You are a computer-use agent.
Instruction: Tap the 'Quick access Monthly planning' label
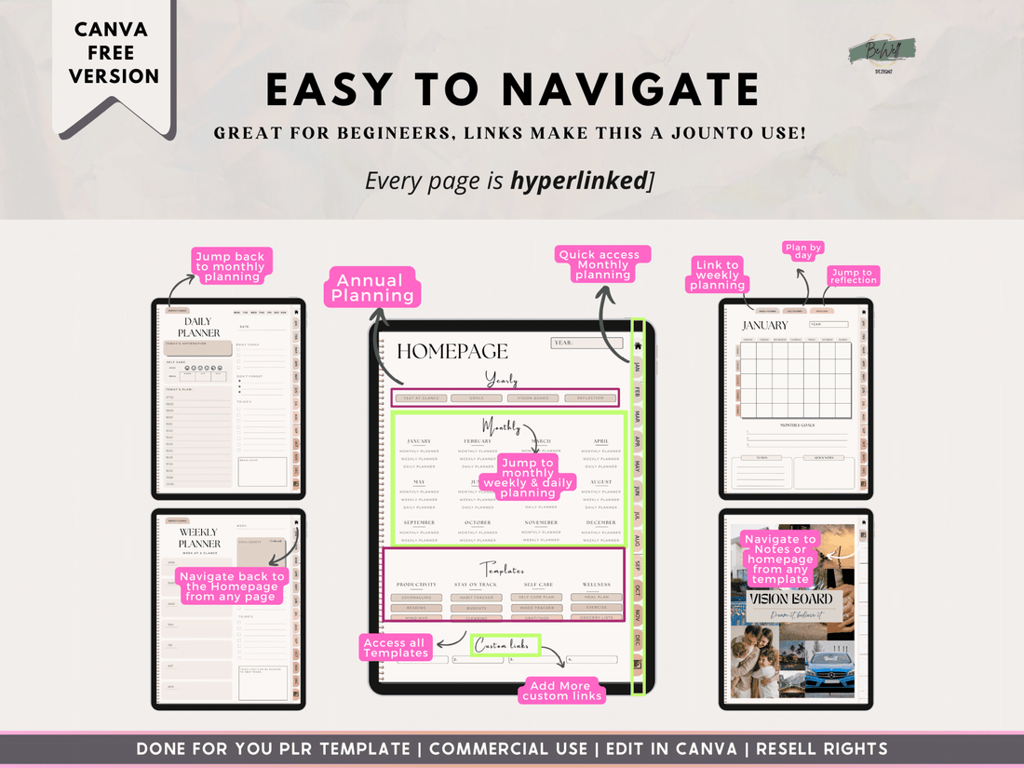point(602,264)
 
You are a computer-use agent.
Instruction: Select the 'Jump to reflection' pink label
point(853,276)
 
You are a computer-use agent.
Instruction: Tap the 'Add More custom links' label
point(562,691)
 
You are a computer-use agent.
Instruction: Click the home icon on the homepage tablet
point(638,344)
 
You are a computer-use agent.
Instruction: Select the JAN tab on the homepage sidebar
point(638,368)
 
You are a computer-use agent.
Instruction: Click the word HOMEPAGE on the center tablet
point(452,351)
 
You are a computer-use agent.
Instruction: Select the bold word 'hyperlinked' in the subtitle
point(578,181)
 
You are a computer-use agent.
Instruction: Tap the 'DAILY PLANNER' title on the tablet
point(199,327)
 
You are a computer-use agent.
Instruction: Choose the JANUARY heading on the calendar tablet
point(764,326)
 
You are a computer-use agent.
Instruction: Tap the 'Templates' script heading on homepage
point(502,569)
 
